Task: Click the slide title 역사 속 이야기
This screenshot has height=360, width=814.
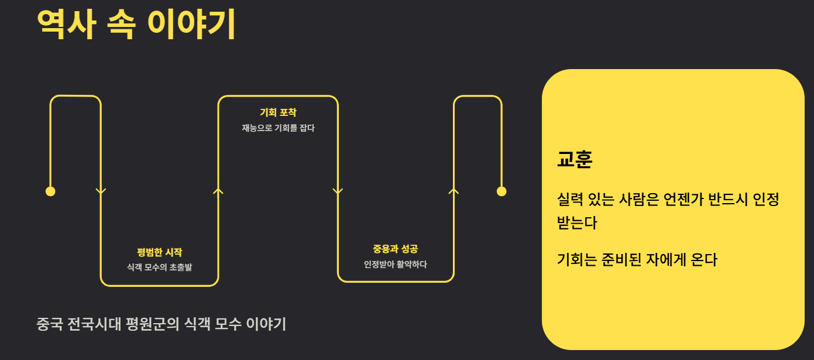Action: pyautogui.click(x=136, y=24)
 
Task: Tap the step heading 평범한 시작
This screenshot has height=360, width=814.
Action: pyautogui.click(x=159, y=252)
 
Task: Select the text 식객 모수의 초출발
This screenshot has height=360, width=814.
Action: pyautogui.click(x=159, y=268)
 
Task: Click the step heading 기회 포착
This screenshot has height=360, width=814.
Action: pyautogui.click(x=278, y=112)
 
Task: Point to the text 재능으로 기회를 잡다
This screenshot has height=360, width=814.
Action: pyautogui.click(x=278, y=128)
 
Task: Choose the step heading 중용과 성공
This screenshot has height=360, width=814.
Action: pyautogui.click(x=395, y=249)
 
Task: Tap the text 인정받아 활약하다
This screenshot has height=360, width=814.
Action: pyautogui.click(x=395, y=264)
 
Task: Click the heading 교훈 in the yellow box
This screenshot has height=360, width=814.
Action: pyautogui.click(x=575, y=159)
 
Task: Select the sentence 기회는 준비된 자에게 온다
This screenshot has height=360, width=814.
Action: pyautogui.click(x=637, y=259)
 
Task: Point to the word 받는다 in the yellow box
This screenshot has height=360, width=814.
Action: pyautogui.click(x=577, y=223)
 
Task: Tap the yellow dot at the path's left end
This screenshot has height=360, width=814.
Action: pyautogui.click(x=50, y=191)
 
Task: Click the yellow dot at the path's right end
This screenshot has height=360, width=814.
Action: pyautogui.click(x=502, y=191)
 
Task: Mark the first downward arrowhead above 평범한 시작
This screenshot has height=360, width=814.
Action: pyautogui.click(x=101, y=191)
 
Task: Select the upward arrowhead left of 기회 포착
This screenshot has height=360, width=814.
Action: pyautogui.click(x=218, y=190)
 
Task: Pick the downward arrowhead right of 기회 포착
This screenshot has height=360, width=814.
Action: pyautogui.click(x=338, y=191)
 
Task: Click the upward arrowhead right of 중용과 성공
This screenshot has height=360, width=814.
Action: pyautogui.click(x=454, y=190)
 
